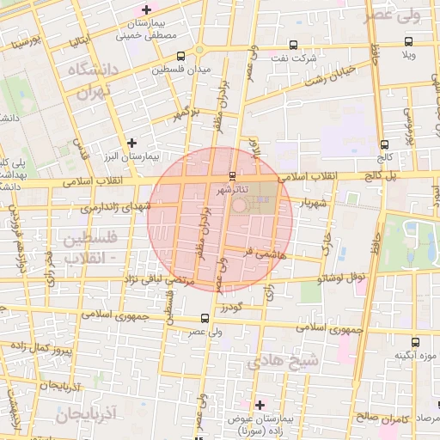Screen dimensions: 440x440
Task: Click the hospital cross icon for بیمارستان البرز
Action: click(x=131, y=144)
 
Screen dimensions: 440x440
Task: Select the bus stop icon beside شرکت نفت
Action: click(x=293, y=45)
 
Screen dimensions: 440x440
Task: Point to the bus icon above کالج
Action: click(x=383, y=144)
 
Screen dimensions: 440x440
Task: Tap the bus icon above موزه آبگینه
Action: click(x=417, y=342)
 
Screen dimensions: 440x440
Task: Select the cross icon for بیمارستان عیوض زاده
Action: click(x=260, y=404)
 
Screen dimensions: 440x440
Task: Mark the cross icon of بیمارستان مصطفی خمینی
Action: click(x=146, y=9)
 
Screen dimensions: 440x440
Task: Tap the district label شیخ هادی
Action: click(x=283, y=362)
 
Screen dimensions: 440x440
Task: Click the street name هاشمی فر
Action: click(x=261, y=254)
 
